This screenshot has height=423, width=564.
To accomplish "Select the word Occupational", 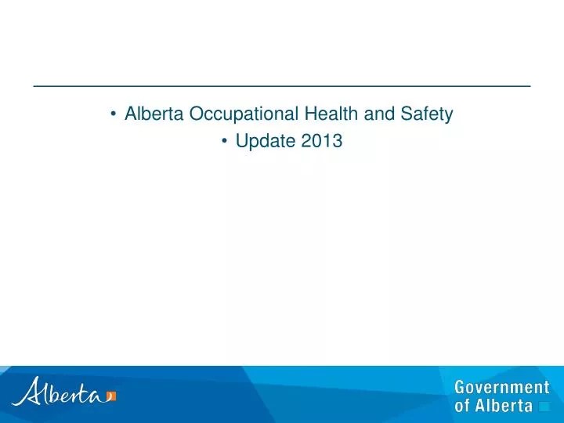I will tap(244, 114).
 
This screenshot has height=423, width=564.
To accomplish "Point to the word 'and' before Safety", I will tap(381, 114).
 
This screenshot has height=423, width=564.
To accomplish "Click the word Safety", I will tap(427, 114).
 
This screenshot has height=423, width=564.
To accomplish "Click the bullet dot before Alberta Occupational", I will tap(114, 115).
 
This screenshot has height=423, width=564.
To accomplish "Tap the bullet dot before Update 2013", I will tap(225, 142).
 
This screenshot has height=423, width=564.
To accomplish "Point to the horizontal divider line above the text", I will tap(282, 84).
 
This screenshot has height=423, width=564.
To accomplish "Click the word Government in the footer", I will tap(502, 388).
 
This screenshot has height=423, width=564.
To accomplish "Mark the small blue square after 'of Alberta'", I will tap(544, 407).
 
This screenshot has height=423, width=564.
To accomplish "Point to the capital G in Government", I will tap(461, 388).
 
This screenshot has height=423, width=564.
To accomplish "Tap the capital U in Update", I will tap(240, 142).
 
